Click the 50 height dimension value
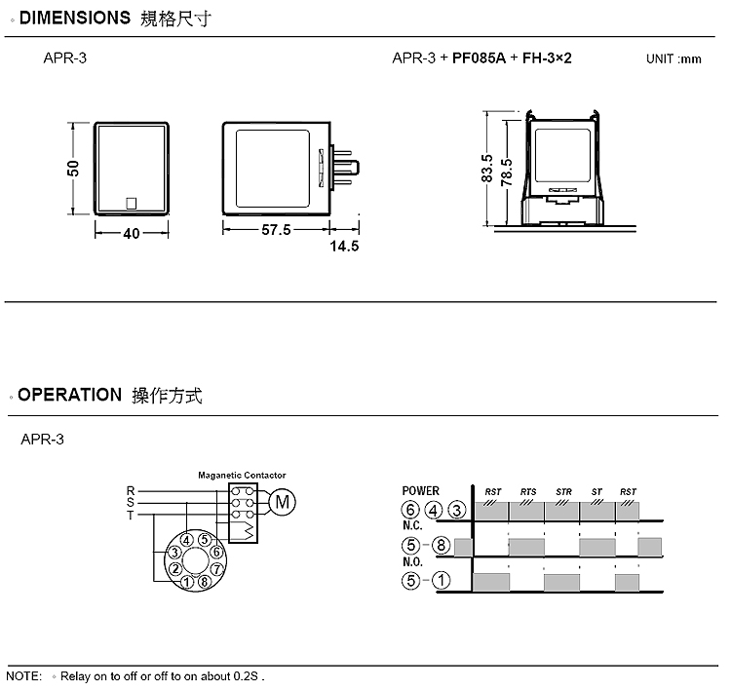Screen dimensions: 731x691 (x=73, y=169)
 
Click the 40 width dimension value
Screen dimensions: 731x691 (x=132, y=233)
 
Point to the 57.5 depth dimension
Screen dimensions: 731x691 (x=276, y=230)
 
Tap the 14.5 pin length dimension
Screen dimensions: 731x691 (x=344, y=247)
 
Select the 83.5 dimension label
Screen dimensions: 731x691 (x=486, y=169)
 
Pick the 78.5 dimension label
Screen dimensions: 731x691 (x=507, y=173)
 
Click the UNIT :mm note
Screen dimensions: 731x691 (x=673, y=59)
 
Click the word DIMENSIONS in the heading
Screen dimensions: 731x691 (x=75, y=18)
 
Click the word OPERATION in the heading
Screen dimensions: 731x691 (x=70, y=395)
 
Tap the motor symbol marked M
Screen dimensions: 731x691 (x=283, y=502)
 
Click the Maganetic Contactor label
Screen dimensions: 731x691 (x=242, y=475)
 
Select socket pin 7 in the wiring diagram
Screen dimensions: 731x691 (x=216, y=569)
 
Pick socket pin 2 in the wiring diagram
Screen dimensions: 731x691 (x=175, y=569)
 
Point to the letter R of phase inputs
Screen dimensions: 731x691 (x=131, y=491)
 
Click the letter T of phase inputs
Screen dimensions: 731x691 (x=131, y=516)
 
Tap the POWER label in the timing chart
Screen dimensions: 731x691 (x=420, y=491)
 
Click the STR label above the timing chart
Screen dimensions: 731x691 (x=563, y=492)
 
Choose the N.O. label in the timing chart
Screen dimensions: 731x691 (x=412, y=561)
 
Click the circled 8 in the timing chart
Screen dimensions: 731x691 (x=441, y=545)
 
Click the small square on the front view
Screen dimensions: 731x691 (x=132, y=204)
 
